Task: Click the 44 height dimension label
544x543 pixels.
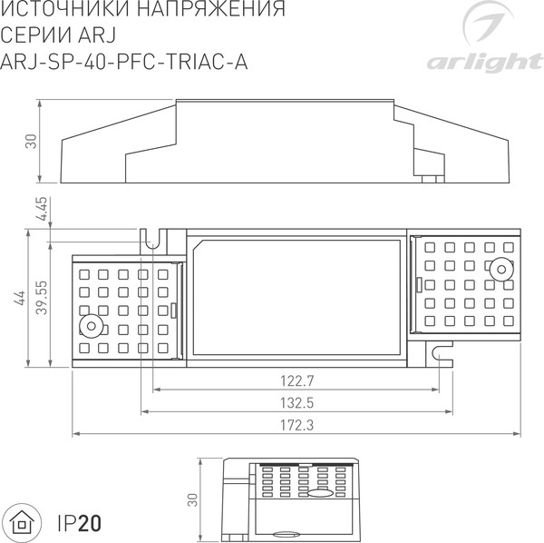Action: coord(19,298)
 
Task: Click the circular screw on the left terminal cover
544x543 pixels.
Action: coord(91,328)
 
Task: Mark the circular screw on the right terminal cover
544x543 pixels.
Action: coord(499,269)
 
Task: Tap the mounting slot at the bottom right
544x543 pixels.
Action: coord(442,350)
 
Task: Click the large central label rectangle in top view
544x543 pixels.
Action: coord(296,297)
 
